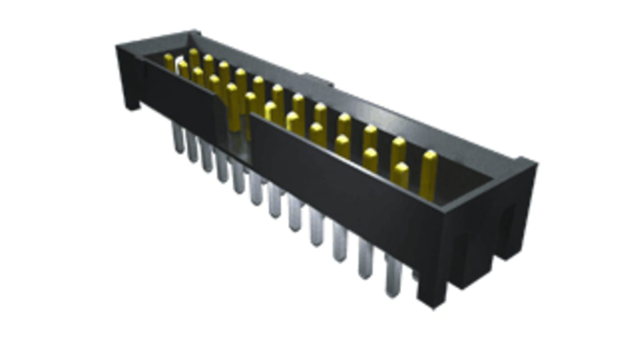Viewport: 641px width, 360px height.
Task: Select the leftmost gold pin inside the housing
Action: [169, 61]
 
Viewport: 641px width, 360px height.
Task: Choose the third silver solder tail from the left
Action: [207, 158]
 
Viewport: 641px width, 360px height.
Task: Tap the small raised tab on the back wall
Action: [318, 80]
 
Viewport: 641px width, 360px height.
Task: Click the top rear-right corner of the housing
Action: [528, 161]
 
